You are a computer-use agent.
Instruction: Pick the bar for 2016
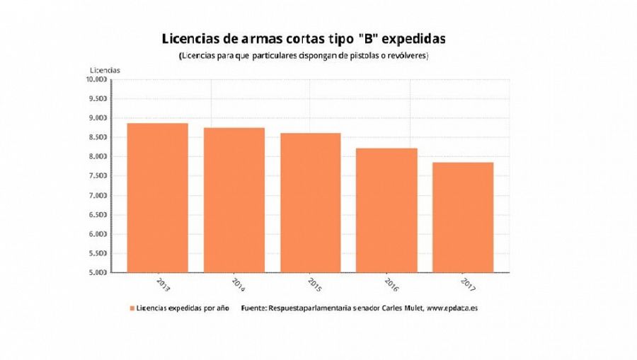(386, 210)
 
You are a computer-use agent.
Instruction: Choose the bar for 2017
(463, 217)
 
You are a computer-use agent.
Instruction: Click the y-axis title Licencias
(105, 69)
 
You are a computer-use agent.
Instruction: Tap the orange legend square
(132, 308)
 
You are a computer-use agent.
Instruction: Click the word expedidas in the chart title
(411, 37)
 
